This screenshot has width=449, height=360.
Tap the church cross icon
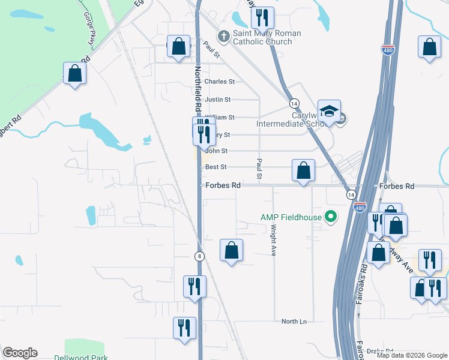click(x=223, y=37)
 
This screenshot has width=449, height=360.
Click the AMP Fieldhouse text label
click(x=291, y=217)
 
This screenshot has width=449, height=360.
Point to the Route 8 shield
click(x=199, y=256)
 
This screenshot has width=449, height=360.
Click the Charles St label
click(x=219, y=82)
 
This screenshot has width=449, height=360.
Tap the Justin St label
click(x=217, y=100)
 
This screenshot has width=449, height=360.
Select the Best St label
click(x=215, y=167)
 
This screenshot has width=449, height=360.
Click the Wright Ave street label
click(x=273, y=240)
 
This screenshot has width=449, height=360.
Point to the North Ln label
click(x=294, y=322)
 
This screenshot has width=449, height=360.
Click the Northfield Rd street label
click(x=196, y=87)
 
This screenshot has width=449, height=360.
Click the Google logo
click(x=20, y=353)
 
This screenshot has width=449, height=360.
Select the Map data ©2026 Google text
click(x=412, y=355)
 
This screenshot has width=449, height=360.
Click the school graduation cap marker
click(x=329, y=110)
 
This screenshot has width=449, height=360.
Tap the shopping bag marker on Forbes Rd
click(x=304, y=170)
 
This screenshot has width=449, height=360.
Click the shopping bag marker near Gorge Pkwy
click(x=74, y=74)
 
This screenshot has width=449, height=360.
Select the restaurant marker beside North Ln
click(x=184, y=328)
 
